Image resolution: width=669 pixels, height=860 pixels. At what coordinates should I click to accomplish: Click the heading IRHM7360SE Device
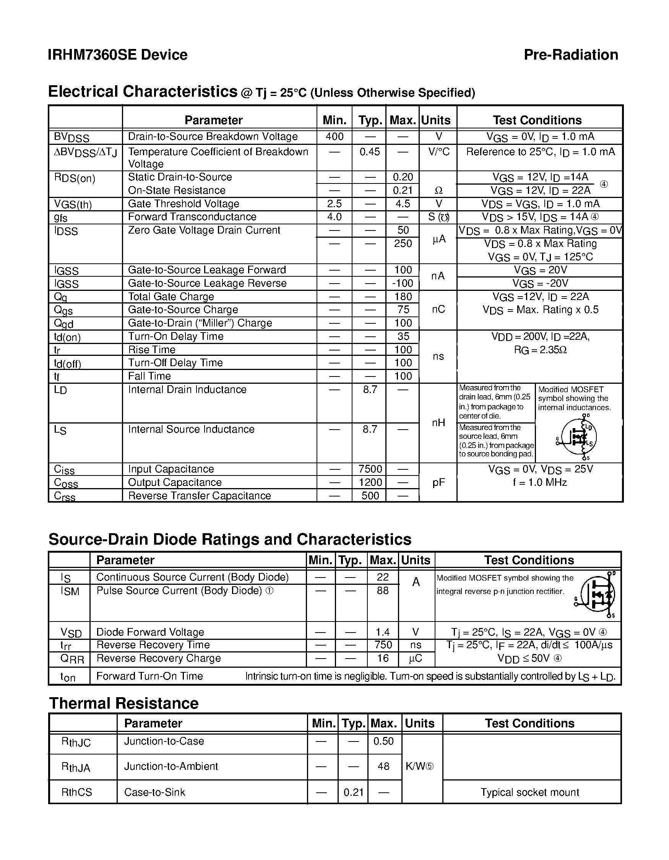[x=117, y=55]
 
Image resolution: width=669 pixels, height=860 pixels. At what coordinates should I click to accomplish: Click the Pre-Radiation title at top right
[x=570, y=55]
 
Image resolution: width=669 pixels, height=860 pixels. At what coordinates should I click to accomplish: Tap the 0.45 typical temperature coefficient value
[x=369, y=152]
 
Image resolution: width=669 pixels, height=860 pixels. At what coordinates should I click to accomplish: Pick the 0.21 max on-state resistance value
[x=403, y=190]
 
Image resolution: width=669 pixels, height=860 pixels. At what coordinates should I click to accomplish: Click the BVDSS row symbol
[x=71, y=138]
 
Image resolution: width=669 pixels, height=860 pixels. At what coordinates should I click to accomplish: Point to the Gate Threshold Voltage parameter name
[x=183, y=204]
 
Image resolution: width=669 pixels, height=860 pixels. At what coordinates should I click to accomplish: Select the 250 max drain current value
[x=403, y=243]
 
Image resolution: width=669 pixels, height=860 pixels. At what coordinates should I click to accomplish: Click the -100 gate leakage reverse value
[x=403, y=283]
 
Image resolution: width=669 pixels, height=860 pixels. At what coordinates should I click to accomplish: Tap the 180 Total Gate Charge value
[x=403, y=297]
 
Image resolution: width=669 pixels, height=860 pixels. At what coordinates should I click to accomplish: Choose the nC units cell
[x=438, y=310]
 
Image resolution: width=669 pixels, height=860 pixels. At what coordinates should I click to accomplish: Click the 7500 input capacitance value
[x=370, y=469]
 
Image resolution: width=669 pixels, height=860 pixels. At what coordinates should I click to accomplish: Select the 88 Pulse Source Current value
[x=382, y=591]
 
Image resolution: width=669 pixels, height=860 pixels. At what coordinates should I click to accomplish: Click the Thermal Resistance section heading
[x=123, y=703]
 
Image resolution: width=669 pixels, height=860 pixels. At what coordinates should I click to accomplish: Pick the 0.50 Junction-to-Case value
[x=383, y=741]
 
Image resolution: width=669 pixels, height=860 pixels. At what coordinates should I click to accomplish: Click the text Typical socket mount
[x=529, y=792]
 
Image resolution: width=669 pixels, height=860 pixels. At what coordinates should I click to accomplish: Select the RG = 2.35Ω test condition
[x=540, y=350]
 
